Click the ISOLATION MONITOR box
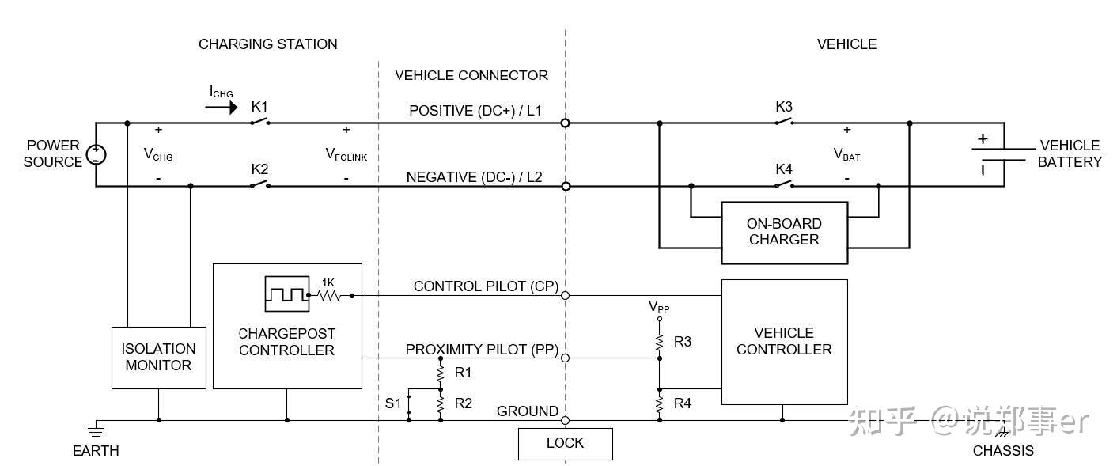[158, 358]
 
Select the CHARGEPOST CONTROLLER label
[286, 342]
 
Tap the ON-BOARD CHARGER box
[785, 233]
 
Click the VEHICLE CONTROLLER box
[785, 342]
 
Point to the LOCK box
[566, 444]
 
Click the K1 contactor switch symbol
[259, 121]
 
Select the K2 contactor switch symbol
[259, 184]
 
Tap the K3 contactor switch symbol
[785, 121]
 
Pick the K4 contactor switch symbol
[785, 184]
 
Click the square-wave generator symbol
[286, 294]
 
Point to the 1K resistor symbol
[328, 296]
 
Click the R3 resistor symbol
[659, 343]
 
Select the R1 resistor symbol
[441, 373]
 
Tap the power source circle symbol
[96, 154]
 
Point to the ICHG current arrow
[222, 107]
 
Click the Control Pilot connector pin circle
[565, 296]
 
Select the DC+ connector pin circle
[565, 123]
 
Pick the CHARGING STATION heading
[268, 44]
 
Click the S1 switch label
[393, 403]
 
